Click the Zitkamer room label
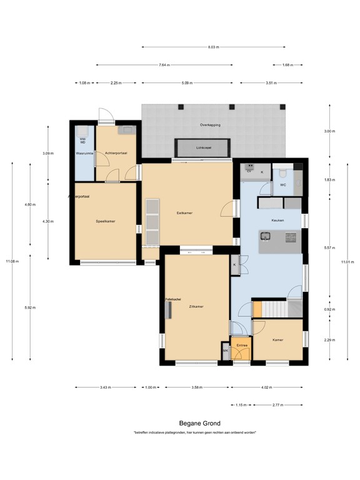(196, 306)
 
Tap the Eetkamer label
(184, 213)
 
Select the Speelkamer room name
(105, 221)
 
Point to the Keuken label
(278, 221)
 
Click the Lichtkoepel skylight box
(204, 148)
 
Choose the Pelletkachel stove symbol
(168, 311)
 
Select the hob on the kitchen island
(291, 237)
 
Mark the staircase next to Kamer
(278, 309)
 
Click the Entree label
(242, 345)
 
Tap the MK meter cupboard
(226, 351)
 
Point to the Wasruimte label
(84, 152)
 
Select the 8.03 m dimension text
(213, 47)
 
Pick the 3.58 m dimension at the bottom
(197, 387)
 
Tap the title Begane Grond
(195, 423)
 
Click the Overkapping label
(210, 125)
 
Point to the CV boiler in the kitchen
(249, 170)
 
